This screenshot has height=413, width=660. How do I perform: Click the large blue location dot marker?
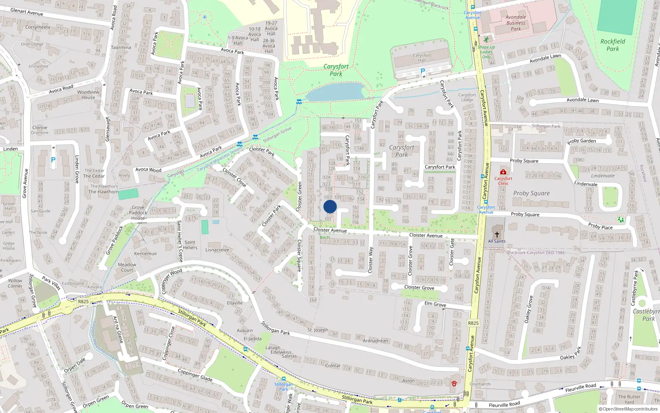pos(330,206)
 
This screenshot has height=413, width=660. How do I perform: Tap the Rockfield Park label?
pos(613,45)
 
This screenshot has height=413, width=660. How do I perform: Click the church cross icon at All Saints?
pos(497,234)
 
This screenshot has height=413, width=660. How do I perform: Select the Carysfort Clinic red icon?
pos(503,172)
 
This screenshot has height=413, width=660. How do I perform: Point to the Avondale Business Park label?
pos(516,23)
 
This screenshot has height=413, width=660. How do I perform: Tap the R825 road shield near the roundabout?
pos(83,301)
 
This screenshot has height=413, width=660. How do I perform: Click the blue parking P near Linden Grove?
pos(53,160)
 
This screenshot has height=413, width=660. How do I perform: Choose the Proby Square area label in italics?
pos(531,193)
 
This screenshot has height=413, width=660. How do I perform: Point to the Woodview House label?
pos(88,95)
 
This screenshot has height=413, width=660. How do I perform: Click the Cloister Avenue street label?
pos(330,230)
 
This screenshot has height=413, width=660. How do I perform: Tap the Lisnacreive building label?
pos(217,250)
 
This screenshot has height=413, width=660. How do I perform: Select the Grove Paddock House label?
pos(138,213)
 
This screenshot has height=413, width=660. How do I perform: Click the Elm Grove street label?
pos(435,304)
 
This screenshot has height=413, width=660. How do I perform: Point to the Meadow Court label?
pos(127,267)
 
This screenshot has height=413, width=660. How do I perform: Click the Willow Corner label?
pos(15,283)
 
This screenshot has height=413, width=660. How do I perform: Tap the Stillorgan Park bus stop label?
pos(284,387)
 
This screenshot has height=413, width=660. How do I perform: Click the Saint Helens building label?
pos(190,245)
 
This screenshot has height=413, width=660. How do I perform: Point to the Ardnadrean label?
pos(375,341)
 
